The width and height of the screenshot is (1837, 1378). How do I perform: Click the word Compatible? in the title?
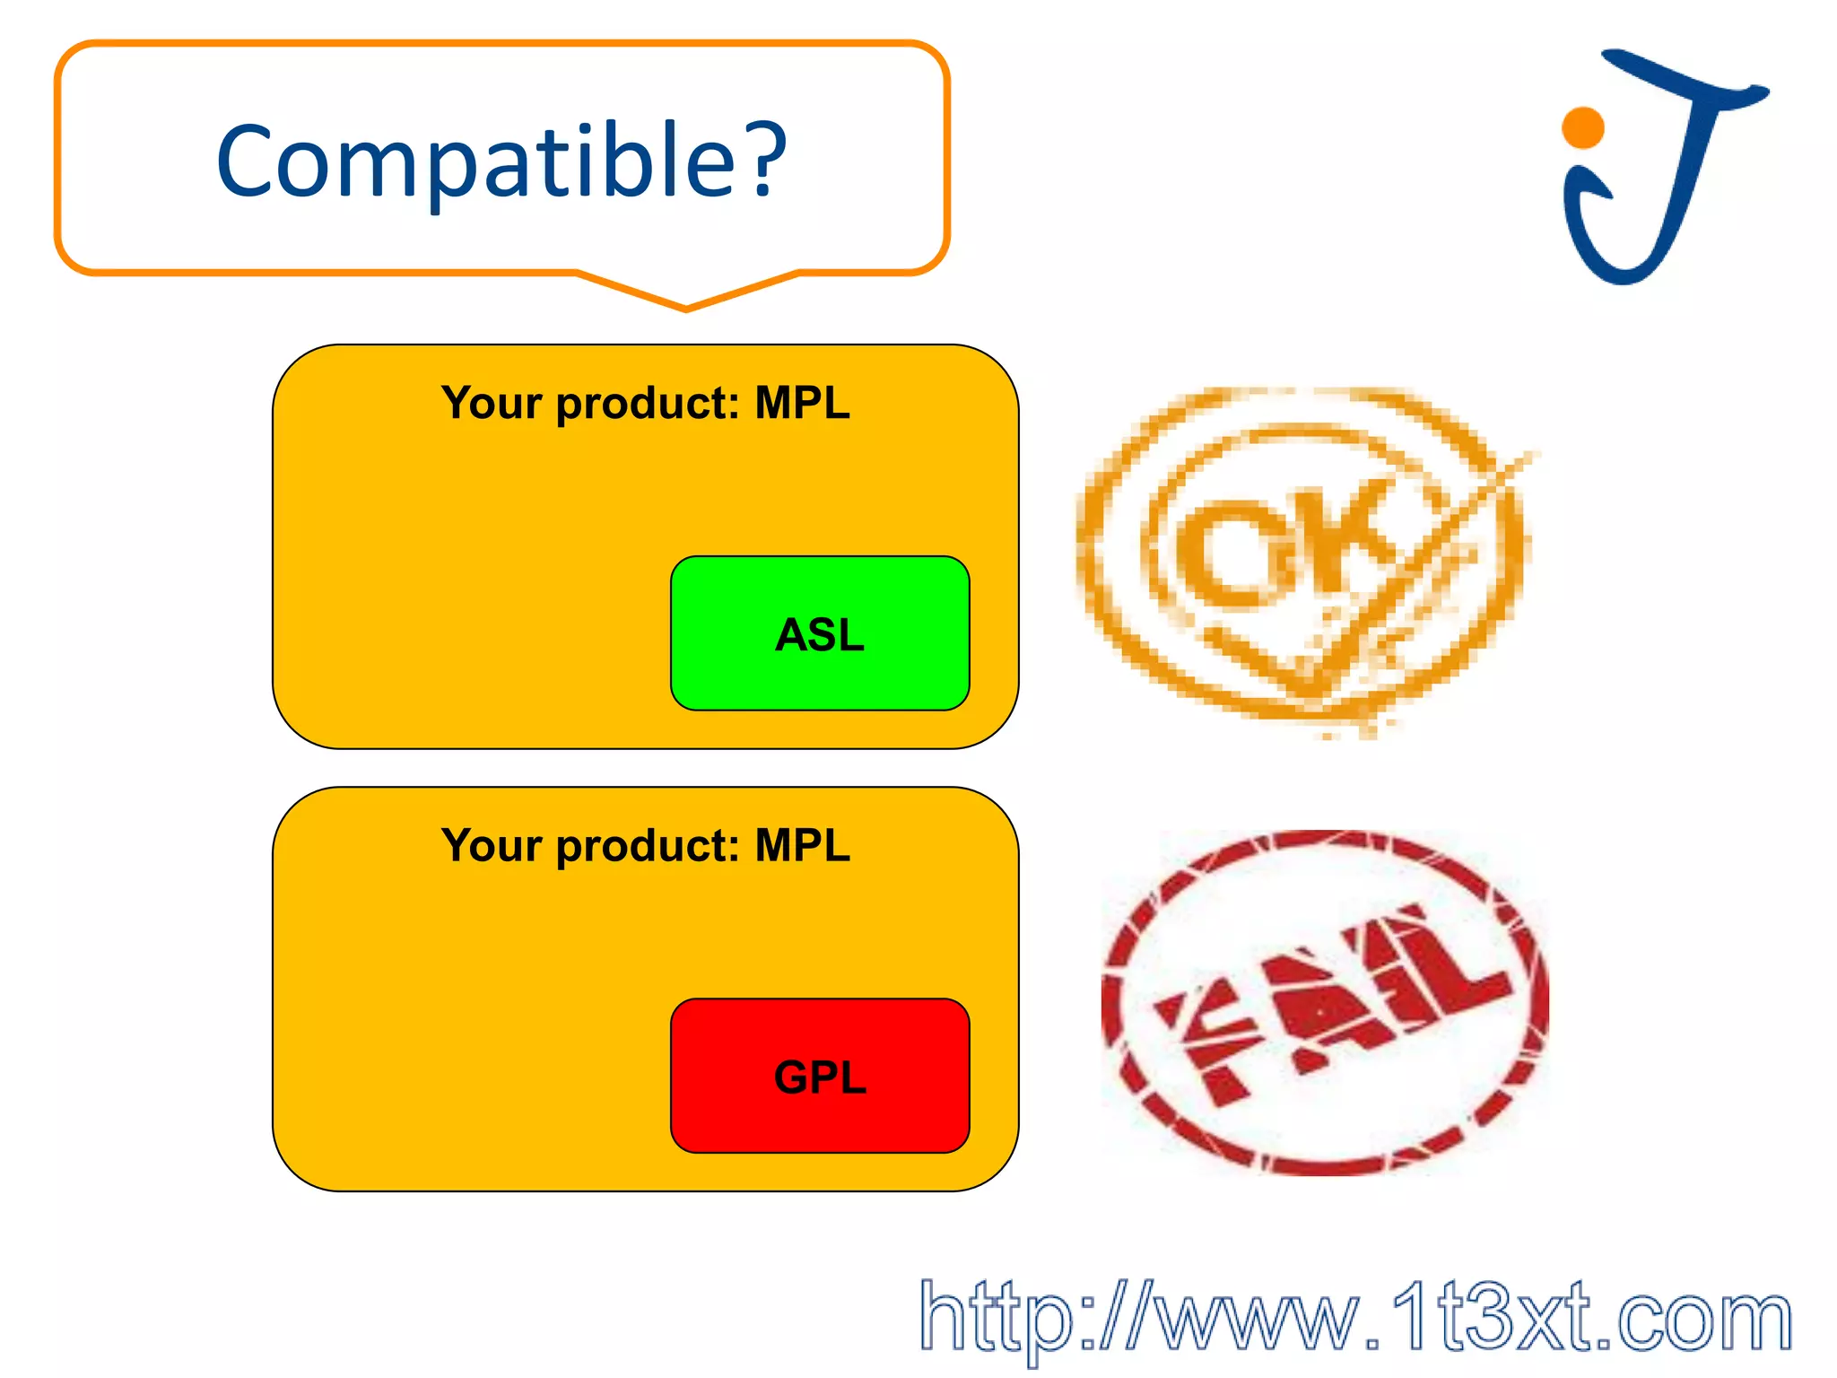[x=501, y=161]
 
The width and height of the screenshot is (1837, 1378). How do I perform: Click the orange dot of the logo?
[x=1582, y=127]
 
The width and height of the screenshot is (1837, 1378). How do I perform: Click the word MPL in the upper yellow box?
[x=802, y=403]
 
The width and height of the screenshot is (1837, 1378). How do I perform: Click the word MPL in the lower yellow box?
[x=802, y=845]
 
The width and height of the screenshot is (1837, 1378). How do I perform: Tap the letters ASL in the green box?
[x=820, y=635]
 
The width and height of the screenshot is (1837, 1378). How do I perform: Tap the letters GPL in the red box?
[x=820, y=1077]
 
